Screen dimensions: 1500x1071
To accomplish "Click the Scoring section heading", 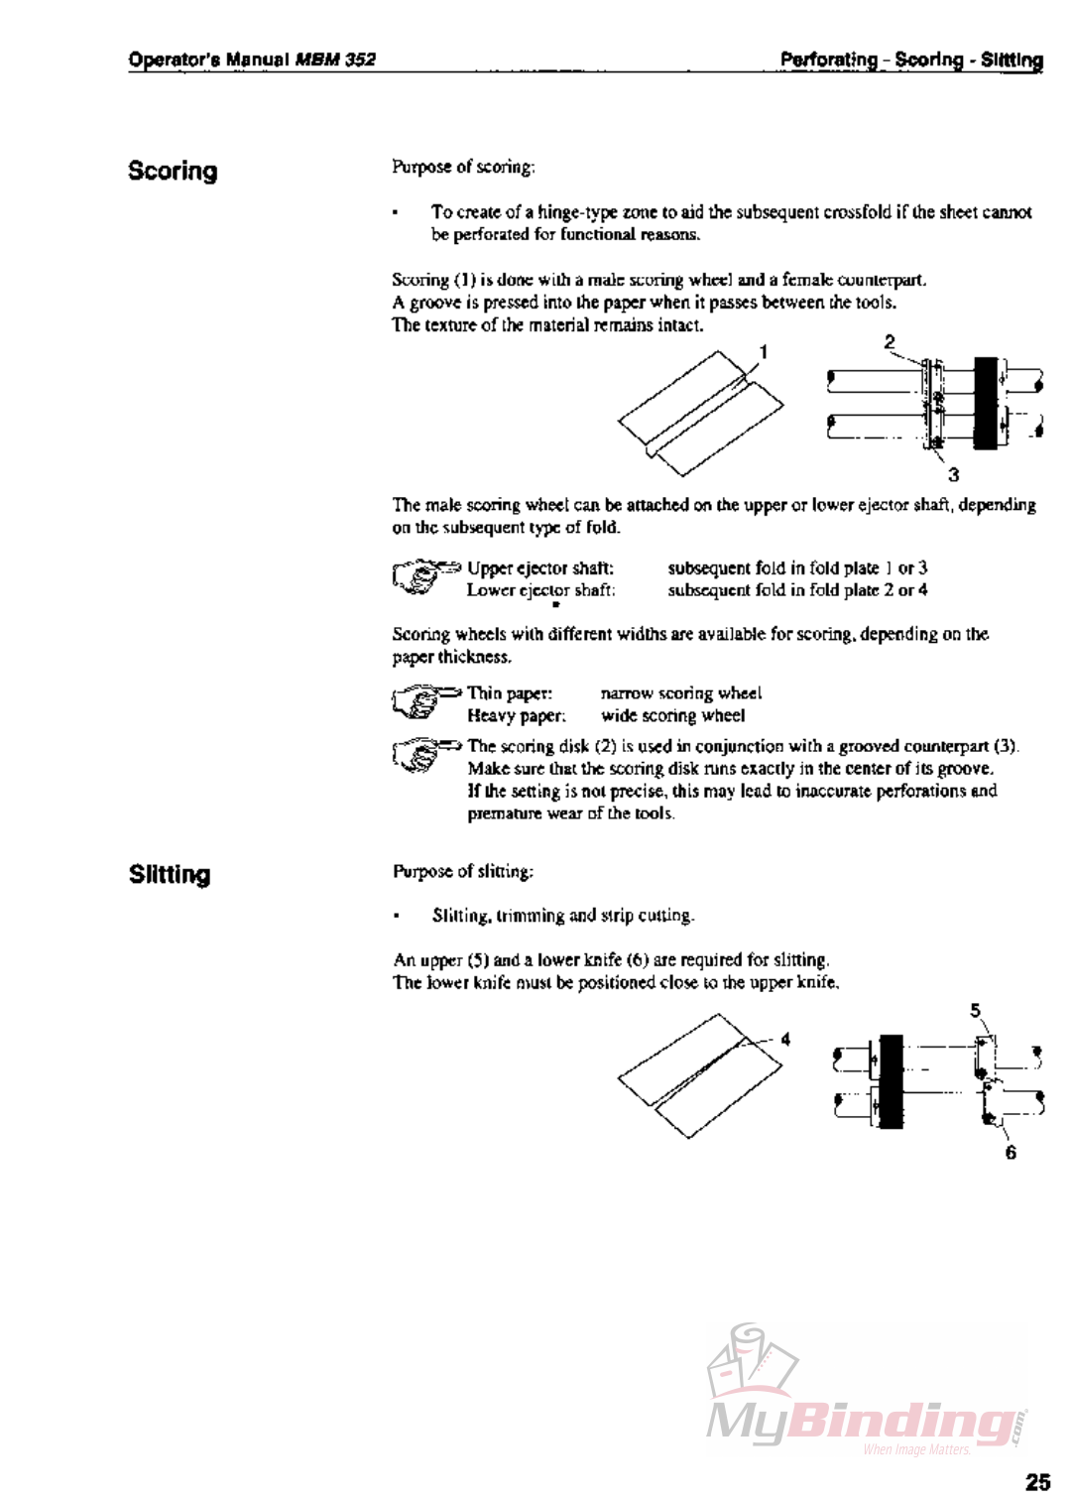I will tap(173, 171).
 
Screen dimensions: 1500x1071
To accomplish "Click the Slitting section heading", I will tap(170, 874).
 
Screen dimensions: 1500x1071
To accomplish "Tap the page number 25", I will tap(1037, 1481).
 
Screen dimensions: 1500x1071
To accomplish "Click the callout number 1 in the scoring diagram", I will tap(764, 351).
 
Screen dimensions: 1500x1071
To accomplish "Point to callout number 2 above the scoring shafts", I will tap(890, 341).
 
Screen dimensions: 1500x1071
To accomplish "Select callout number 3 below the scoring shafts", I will tap(953, 474).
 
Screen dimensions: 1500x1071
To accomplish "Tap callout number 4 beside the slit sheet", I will tap(785, 1039).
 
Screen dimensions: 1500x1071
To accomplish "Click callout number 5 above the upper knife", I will tap(975, 1010).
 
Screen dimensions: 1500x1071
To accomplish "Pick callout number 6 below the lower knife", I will tap(1011, 1152).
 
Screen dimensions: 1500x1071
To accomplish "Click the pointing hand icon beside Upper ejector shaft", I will tap(424, 576).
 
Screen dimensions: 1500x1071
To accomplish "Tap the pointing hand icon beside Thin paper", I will tap(424, 700).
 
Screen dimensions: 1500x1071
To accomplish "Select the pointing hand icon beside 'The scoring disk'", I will tap(424, 754).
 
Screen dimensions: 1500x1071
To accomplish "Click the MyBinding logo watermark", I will tap(863, 1399).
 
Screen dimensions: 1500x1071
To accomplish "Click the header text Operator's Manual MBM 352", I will tap(252, 60).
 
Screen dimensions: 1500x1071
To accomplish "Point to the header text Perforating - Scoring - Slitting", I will tap(910, 60).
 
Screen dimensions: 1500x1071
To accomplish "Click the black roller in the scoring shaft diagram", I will tap(985, 402).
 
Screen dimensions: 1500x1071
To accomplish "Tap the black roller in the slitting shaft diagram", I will tap(892, 1080).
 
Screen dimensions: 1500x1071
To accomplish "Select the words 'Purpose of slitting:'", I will tap(463, 871).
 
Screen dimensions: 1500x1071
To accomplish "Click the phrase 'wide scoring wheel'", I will tap(672, 715).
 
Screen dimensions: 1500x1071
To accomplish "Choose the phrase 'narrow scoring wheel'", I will tap(680, 692).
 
